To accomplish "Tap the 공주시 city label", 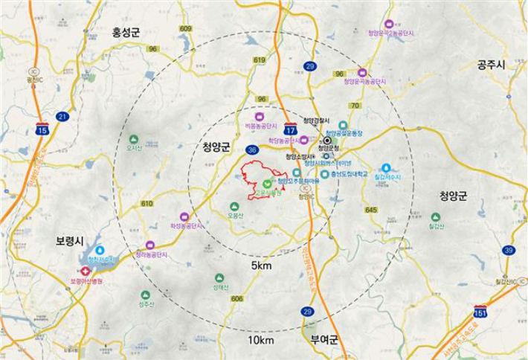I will coord(492,65).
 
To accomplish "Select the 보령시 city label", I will coord(72,242).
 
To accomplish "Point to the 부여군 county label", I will coord(324,339).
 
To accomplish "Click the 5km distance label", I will coord(261,265).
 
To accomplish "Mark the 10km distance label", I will coord(261,341).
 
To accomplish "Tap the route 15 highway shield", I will coord(42,129).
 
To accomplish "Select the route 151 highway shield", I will coord(481,311).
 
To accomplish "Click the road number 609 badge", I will coord(185,29).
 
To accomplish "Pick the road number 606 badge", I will coord(237,298).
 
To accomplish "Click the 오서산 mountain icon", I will coord(134,139).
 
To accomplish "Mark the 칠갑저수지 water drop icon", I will coord(386,168).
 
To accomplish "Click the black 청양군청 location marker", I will coord(327,140).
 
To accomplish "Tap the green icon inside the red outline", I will coord(267,183).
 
